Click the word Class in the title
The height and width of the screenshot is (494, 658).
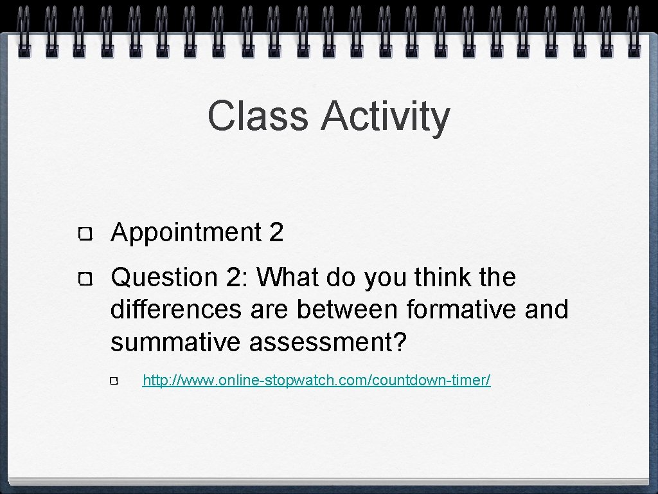point(258,116)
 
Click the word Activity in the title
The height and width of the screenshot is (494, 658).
point(386,117)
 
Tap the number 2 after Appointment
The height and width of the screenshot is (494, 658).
point(276,232)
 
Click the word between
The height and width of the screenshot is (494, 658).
point(348,309)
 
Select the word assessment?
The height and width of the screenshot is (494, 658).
point(328,342)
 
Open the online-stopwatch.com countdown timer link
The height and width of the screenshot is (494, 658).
point(316,381)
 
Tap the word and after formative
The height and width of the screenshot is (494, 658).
point(547,309)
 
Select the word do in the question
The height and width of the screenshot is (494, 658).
point(342,278)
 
